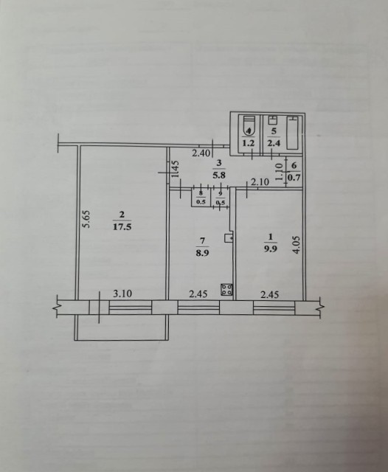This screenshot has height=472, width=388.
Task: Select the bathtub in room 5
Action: pyautogui.click(x=294, y=133)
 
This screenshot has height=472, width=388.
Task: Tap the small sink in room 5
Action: pyautogui.click(x=273, y=120)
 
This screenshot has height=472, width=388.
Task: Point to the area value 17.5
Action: pyautogui.click(x=120, y=226)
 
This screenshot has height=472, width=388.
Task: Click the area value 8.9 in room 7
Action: pyautogui.click(x=203, y=251)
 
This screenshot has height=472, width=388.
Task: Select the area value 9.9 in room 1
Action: pyautogui.click(x=269, y=249)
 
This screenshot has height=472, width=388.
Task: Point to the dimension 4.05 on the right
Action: pyautogui.click(x=297, y=243)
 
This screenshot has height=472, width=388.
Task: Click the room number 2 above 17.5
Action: pyautogui.click(x=119, y=215)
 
